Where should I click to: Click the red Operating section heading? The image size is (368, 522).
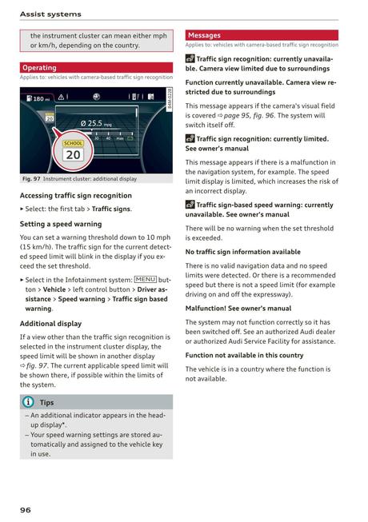39,68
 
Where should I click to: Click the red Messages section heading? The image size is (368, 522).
204,35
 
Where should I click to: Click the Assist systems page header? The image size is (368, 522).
51,14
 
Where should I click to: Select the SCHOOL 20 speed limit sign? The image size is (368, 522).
72,150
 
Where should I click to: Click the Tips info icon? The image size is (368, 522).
28,402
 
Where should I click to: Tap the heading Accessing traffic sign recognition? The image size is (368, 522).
76,195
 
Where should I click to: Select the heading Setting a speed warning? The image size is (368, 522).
61,224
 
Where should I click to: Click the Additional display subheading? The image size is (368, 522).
50,324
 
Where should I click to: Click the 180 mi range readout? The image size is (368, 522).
38,99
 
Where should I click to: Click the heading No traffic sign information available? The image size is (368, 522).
243,252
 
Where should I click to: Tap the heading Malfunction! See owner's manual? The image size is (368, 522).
238,308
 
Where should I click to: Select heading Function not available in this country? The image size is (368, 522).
244,355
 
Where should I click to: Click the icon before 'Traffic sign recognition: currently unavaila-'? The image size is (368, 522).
190,59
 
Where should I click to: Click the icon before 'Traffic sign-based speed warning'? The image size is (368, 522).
190,205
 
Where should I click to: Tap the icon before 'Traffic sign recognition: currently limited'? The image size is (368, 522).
190,139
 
